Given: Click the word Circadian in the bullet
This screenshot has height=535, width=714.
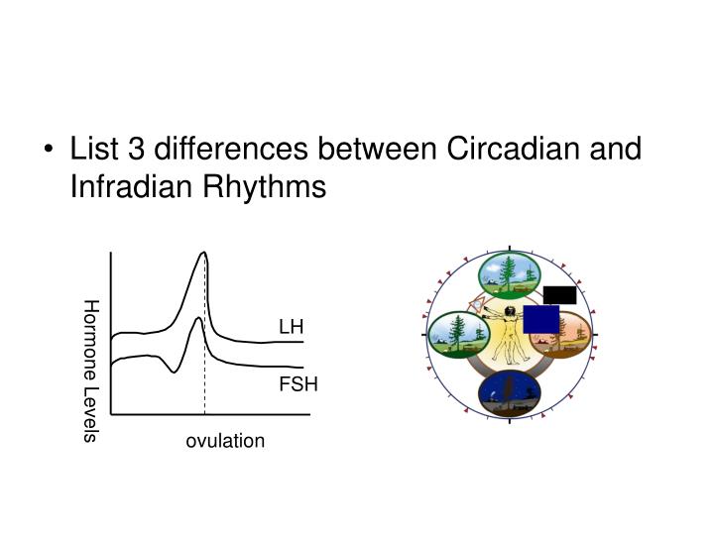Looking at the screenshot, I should [517, 150].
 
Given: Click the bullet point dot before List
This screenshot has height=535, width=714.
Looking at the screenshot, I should [50, 152].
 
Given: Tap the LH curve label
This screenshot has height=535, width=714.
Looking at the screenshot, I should [291, 327].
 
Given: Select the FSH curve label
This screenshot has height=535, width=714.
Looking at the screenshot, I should [297, 384].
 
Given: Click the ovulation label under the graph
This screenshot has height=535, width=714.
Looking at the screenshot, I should [225, 440].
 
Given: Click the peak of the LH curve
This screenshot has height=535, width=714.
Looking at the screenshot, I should [204, 254].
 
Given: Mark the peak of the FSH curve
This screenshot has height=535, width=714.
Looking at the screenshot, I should [199, 319].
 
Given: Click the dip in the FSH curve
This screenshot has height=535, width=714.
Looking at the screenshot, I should [174, 371].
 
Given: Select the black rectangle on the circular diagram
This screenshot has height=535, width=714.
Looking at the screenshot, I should [559, 294].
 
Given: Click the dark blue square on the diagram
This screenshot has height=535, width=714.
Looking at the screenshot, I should [541, 320].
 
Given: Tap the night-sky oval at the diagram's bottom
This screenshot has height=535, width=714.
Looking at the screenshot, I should [509, 393].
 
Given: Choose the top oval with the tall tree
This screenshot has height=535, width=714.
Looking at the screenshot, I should [509, 275].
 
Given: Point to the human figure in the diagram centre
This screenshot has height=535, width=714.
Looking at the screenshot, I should [510, 337].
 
